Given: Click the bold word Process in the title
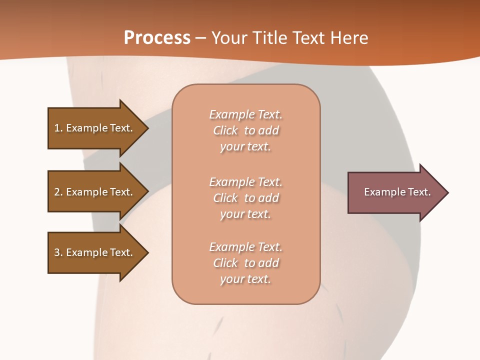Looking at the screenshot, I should pos(157,38).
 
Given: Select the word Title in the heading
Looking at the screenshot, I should pos(272,38).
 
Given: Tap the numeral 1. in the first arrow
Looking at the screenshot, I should pos(58,128).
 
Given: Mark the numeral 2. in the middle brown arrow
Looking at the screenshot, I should pos(58,192).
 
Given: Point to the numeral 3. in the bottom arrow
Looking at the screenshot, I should pos(58,252).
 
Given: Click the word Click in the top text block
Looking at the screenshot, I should pos(225,131).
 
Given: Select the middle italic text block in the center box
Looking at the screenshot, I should pos(245,198).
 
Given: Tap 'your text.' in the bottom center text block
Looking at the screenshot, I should pos(245,279).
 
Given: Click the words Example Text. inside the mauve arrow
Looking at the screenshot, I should pos(397,192).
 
